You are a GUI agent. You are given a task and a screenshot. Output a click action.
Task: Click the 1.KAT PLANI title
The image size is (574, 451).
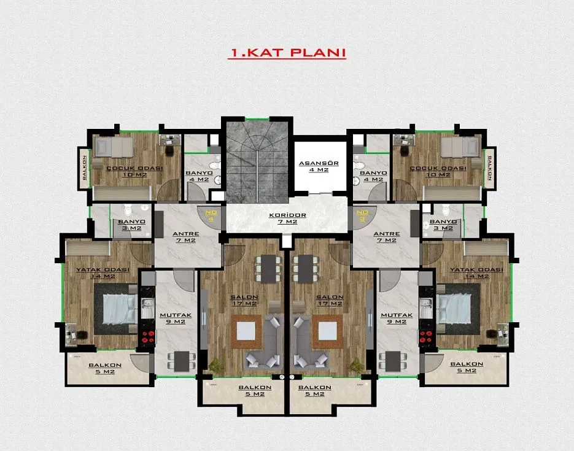click(x=287, y=53)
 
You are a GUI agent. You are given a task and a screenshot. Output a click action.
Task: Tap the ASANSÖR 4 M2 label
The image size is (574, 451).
click(x=319, y=166)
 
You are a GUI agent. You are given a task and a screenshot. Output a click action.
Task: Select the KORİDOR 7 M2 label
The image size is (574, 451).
click(x=287, y=218)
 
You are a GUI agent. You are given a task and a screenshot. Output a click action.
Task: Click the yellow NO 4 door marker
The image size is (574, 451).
click(x=211, y=215)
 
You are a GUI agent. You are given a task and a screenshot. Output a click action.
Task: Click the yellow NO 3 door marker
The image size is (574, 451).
click(x=362, y=215)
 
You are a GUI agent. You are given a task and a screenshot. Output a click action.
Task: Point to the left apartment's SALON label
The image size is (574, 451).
click(x=244, y=300)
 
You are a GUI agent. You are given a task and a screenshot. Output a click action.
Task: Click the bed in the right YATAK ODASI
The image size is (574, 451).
click(x=453, y=309)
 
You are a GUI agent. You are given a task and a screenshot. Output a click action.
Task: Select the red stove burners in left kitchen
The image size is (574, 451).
click(x=147, y=337)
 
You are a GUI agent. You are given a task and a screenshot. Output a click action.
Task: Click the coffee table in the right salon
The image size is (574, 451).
click(x=327, y=331)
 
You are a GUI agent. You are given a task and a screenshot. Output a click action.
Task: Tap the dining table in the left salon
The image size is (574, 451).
click(x=268, y=269)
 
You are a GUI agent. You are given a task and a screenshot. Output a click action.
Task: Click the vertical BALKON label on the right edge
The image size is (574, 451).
click(x=489, y=168)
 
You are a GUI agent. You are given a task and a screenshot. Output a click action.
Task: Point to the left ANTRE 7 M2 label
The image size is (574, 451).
click(x=186, y=237)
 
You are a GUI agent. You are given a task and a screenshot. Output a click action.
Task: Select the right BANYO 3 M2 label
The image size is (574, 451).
click(x=443, y=225)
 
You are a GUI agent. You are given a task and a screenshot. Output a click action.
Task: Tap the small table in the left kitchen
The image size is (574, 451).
click(x=182, y=361)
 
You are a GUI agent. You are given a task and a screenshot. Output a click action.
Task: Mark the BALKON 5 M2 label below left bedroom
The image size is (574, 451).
click(x=105, y=368)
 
